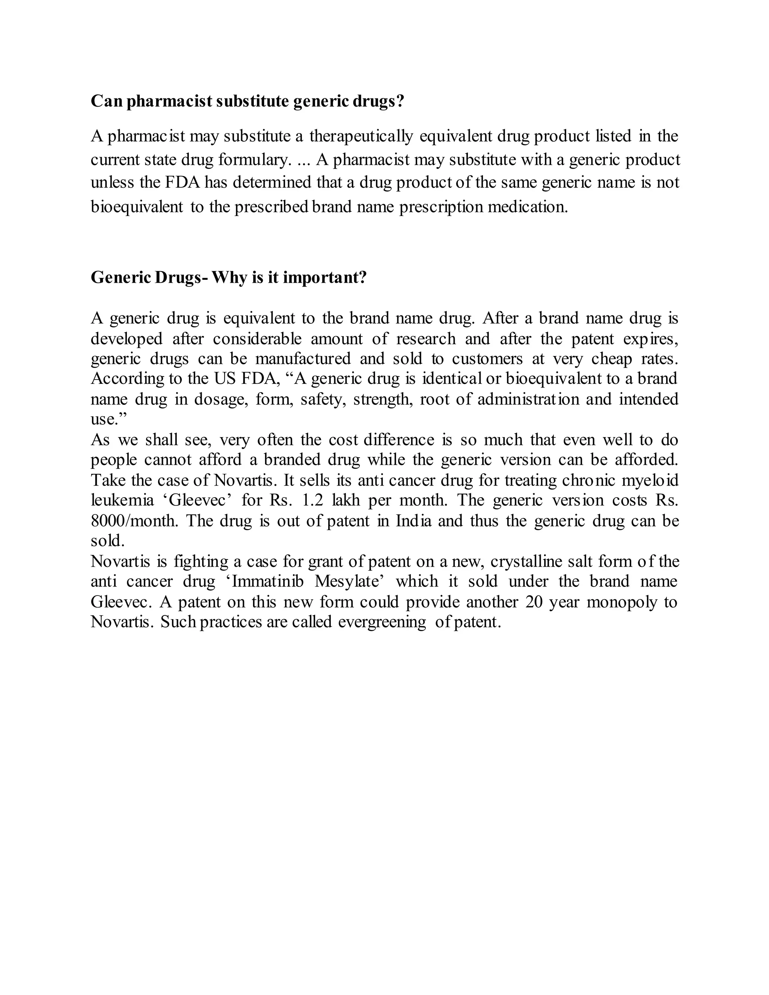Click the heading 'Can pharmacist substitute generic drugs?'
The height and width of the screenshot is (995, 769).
(x=247, y=101)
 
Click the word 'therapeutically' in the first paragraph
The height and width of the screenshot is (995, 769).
(x=361, y=136)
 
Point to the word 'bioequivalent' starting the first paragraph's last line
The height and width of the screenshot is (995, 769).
(x=137, y=207)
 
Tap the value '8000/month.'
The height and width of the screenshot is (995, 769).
(x=134, y=521)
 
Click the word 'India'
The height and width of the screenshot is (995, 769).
(x=413, y=521)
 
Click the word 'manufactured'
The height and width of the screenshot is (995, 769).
(x=303, y=359)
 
